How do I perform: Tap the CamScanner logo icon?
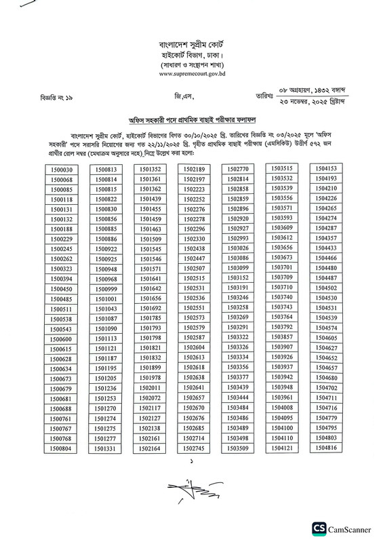click(x=319, y=529)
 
